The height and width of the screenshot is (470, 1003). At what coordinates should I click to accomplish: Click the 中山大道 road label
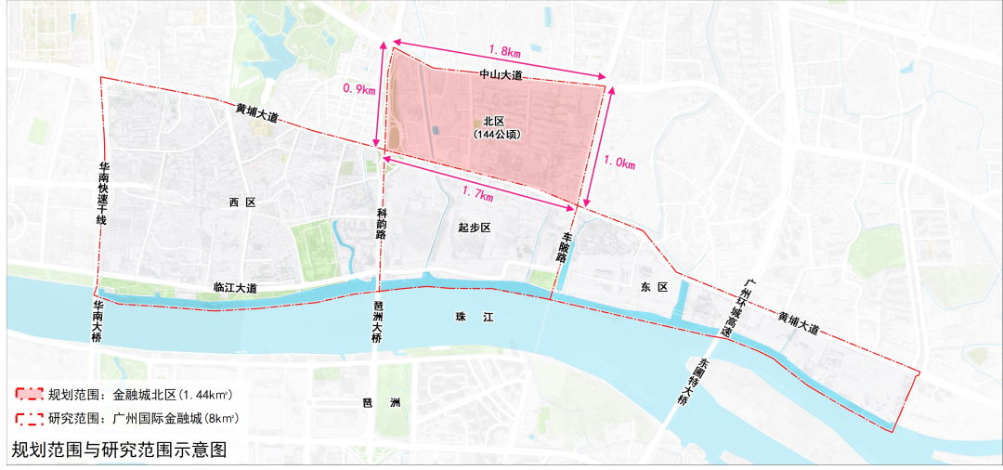point(501,74)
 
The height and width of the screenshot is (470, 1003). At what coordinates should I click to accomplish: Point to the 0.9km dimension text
point(358,90)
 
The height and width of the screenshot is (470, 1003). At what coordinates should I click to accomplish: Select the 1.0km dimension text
point(619,164)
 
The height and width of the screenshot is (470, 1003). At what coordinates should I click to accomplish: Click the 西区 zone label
point(241,202)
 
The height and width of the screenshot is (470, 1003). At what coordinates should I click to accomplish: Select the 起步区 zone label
point(474,228)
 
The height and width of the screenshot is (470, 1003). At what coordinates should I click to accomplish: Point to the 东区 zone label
point(655,288)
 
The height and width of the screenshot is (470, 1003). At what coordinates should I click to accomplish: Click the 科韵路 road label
point(381,225)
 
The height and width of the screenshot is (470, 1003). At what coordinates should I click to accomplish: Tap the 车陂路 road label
point(564,248)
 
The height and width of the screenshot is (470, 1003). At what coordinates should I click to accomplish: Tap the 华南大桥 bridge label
point(98,321)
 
